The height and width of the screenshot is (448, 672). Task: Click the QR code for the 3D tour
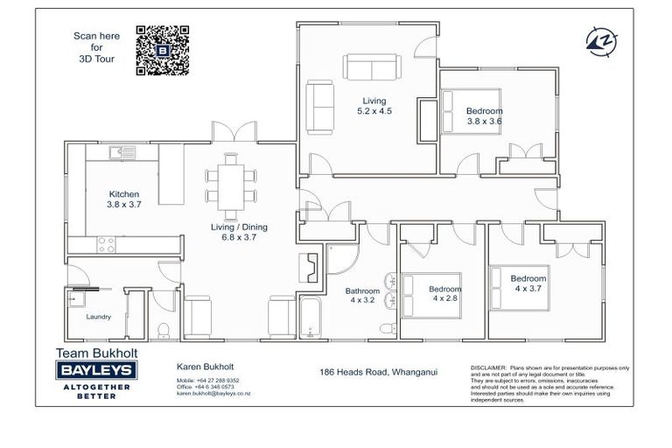click(x=163, y=51)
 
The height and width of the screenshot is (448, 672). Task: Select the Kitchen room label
click(x=123, y=199)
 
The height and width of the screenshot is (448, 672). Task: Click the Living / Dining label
click(x=239, y=232)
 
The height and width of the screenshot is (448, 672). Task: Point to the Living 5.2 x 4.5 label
click(x=374, y=107)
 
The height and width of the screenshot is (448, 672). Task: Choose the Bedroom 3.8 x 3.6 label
click(x=484, y=116)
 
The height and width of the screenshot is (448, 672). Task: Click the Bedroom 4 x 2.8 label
click(x=444, y=293)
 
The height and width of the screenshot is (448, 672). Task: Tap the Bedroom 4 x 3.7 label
click(x=528, y=283)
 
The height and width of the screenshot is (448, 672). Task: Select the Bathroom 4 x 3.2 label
click(x=362, y=296)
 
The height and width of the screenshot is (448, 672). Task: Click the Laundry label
click(x=98, y=318)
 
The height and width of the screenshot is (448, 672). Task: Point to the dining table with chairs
click(x=231, y=186)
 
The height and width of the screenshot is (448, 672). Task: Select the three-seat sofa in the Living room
click(x=371, y=66)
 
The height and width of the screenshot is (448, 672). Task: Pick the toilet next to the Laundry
click(x=164, y=329)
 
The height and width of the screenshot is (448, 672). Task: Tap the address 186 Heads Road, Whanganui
click(x=378, y=372)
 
